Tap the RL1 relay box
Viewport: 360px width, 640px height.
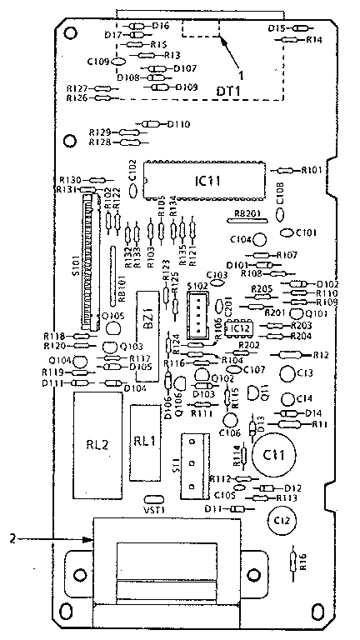click(x=145, y=442)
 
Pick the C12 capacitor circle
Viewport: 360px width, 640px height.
click(x=281, y=521)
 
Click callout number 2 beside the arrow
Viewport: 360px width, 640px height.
click(x=13, y=539)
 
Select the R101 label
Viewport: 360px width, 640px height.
click(x=310, y=169)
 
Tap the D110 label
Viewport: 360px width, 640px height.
click(x=179, y=124)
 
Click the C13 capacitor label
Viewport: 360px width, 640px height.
click(x=305, y=372)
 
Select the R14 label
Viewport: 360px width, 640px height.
click(x=314, y=39)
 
